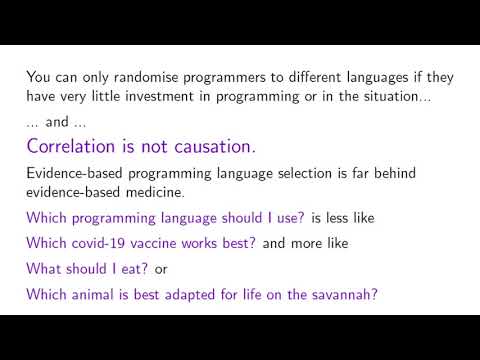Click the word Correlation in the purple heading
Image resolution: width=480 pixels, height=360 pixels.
(x=77, y=146)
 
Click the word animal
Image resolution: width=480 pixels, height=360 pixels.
(x=93, y=295)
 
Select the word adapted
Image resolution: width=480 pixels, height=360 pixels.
(x=205, y=295)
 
